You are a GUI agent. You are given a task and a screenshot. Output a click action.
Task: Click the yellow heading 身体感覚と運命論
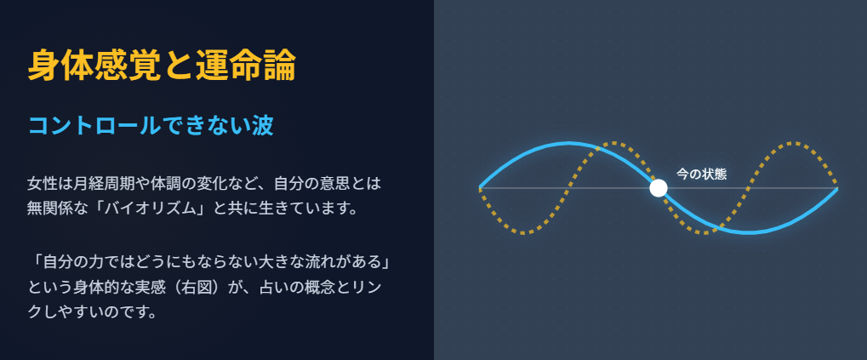(x=162, y=66)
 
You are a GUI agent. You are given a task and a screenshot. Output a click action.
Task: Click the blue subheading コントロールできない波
(x=150, y=126)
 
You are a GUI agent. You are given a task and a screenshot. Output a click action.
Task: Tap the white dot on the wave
(x=658, y=188)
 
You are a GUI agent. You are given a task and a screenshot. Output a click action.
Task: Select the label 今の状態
(x=701, y=174)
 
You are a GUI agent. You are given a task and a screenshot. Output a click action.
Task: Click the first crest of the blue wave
(x=568, y=144)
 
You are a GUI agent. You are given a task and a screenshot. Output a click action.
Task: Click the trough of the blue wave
(x=747, y=231)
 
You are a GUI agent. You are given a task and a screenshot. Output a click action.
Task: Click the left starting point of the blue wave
(x=481, y=187)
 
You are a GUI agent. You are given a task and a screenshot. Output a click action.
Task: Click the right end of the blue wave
(x=837, y=187)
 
